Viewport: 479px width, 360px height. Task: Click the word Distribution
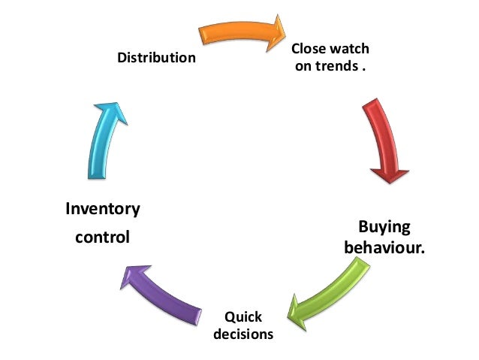click(156, 57)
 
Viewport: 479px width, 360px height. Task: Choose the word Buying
click(384, 226)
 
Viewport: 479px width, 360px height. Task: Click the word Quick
click(243, 316)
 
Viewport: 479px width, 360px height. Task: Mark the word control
click(102, 237)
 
